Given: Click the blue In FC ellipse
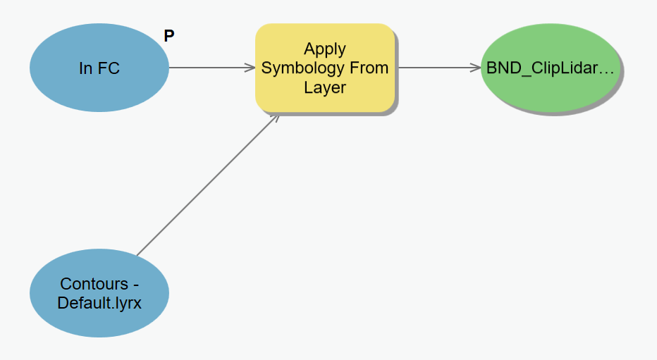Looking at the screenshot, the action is tap(99, 68).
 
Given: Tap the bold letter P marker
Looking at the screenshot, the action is tap(169, 36).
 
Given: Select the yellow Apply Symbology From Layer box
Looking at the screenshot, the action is tap(325, 68).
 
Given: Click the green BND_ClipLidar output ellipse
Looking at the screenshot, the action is tap(550, 68).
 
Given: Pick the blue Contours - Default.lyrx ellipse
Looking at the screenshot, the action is tap(99, 293).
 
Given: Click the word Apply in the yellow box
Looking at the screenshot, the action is tap(325, 49).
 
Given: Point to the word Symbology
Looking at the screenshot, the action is tap(299, 68).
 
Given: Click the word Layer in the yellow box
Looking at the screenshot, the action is tap(325, 87).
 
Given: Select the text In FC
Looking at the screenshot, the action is tap(99, 68).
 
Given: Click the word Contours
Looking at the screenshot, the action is tap(94, 284).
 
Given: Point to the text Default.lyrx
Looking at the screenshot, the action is tap(99, 303).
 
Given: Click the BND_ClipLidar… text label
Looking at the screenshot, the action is tap(550, 68).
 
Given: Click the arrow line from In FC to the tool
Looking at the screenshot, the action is tap(212, 68).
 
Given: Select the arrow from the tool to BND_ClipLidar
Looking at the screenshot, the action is tap(439, 68).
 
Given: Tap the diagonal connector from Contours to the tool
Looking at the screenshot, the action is tap(208, 185).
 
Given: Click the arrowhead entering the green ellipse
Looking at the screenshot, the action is tap(476, 68).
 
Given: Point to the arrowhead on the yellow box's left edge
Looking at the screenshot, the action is tap(250, 68).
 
